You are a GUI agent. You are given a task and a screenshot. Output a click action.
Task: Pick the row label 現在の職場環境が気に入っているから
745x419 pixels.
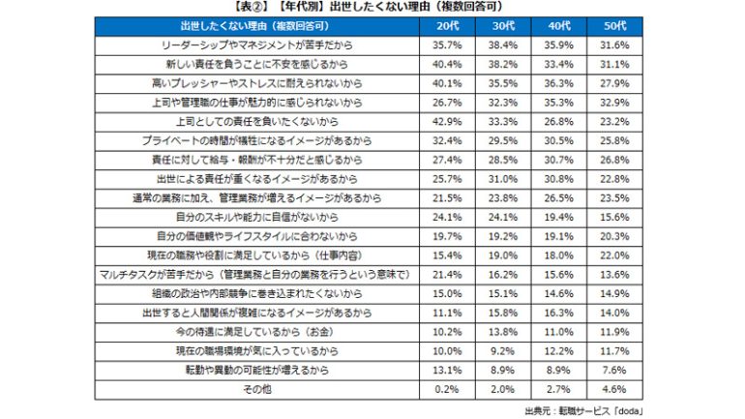tap(258, 351)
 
